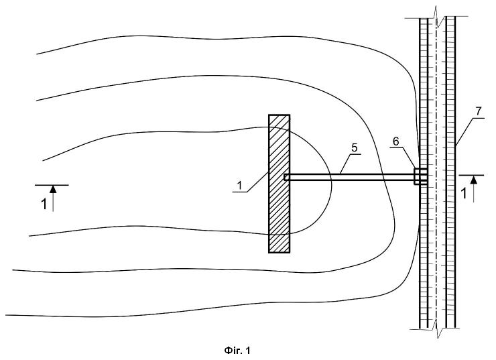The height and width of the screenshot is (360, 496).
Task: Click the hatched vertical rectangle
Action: coord(279,184)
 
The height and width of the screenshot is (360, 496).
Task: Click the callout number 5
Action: coord(355,147)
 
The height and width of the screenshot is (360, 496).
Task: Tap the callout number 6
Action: coord(396,141)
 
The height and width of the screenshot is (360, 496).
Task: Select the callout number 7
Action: coord(478,111)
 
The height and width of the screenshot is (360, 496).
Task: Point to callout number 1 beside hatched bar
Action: coord(240,186)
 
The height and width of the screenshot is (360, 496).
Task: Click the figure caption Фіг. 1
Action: coord(237,351)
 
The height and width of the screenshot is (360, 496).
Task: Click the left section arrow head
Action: coord(53,189)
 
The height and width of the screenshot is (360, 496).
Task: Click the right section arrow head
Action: coord(473,180)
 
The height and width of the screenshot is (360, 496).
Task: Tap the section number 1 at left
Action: coord(44,204)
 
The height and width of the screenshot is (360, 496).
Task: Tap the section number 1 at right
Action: coord(464,194)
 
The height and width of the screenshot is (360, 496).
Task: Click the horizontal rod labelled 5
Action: coord(349,177)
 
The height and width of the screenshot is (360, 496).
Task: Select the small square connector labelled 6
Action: coord(420,176)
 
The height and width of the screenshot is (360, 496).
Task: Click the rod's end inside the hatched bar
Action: coord(285,177)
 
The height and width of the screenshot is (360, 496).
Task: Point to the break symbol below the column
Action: coord(437,329)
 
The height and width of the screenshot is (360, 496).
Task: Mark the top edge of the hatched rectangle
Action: coord(279,115)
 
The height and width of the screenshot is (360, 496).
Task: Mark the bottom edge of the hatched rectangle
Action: coord(279,253)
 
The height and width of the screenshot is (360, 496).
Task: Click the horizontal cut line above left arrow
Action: coord(52,185)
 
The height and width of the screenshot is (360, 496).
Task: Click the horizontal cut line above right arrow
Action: coord(471,175)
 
